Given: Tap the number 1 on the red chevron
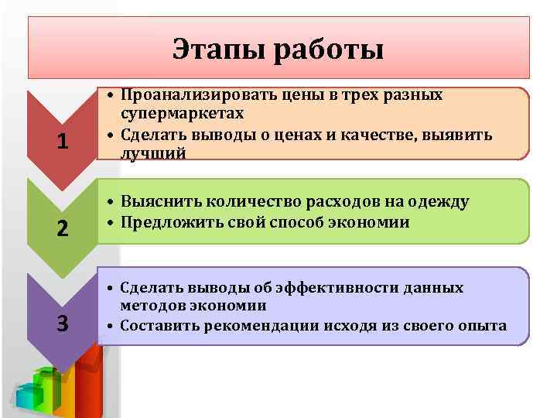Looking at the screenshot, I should coord(63,142).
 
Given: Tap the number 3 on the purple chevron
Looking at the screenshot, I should coord(63,324).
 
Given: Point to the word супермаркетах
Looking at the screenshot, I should coord(183,114).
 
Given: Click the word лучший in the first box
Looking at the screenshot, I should coord(153,152).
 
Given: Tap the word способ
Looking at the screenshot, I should coord(289,222).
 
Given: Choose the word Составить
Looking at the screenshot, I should coord(160,325).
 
